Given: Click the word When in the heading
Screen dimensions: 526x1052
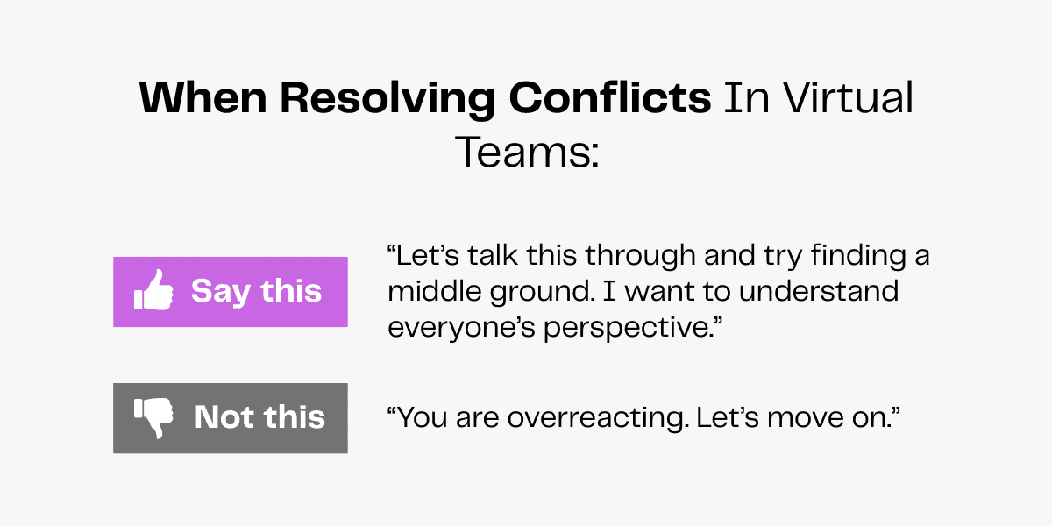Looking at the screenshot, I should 203,99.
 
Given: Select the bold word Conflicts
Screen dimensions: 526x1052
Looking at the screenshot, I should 611,99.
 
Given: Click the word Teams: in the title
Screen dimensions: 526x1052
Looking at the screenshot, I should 526,152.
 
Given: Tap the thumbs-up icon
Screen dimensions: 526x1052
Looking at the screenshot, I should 153,290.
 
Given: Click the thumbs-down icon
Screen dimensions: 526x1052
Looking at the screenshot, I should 153,417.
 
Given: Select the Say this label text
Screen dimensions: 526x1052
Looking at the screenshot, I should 256,291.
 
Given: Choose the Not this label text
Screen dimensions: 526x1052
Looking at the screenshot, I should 259,417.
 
